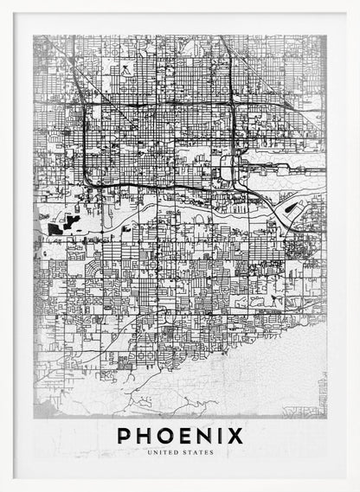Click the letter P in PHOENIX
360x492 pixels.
[x=125, y=435]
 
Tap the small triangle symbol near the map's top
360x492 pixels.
[x=128, y=66]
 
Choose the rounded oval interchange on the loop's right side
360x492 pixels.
[x=227, y=168]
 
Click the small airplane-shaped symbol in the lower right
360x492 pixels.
[x=275, y=299]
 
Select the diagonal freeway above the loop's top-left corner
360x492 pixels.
[x=71, y=69]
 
